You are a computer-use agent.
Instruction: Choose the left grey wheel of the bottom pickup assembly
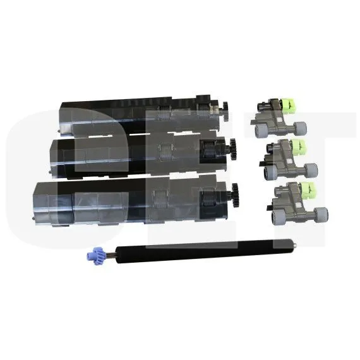coord(273,214)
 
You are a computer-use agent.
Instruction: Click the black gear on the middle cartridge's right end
coord(229,150)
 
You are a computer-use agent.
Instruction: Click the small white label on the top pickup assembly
coord(276,104)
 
